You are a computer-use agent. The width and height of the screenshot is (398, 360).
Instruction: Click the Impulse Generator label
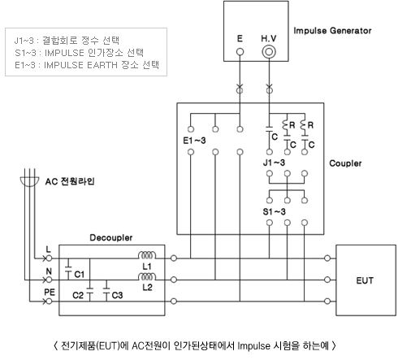(x=332, y=31)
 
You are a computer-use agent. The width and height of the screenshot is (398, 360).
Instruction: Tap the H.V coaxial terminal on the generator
(x=269, y=52)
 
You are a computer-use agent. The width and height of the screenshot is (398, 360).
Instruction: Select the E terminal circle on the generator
(x=240, y=52)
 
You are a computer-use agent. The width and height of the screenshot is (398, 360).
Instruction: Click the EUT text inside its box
(x=365, y=280)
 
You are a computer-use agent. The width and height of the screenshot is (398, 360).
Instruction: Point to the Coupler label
(x=345, y=163)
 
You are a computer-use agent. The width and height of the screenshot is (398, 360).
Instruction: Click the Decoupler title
(x=111, y=238)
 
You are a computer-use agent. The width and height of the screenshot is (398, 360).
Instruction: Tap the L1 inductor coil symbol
(x=147, y=255)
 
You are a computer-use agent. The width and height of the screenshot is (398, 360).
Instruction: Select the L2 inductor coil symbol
(x=147, y=276)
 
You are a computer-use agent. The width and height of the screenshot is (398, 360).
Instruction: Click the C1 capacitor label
(x=80, y=275)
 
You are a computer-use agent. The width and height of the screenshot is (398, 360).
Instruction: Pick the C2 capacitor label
(x=78, y=295)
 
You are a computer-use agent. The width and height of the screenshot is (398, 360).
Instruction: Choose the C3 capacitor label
(x=117, y=295)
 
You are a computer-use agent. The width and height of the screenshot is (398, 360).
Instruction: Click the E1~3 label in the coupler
(x=194, y=141)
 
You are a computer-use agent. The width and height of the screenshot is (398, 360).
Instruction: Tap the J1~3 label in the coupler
(x=274, y=163)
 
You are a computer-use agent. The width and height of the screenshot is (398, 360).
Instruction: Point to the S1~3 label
(x=274, y=211)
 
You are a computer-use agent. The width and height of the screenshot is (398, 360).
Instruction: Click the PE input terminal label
(x=50, y=293)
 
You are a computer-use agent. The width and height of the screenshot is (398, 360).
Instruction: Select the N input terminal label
(x=49, y=271)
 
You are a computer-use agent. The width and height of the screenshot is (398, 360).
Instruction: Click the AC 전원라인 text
(x=70, y=181)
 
